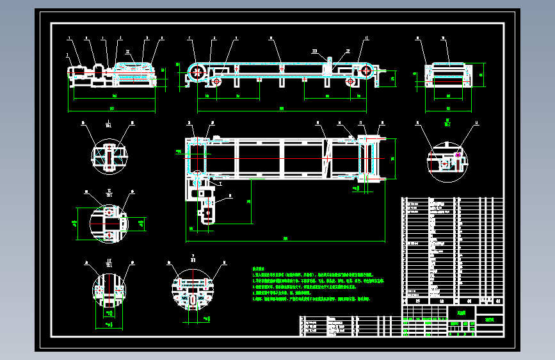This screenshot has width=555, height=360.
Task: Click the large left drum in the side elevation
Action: (197, 72)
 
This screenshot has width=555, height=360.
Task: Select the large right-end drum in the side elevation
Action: (367, 72)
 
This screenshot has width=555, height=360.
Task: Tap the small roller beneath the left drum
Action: (216, 81)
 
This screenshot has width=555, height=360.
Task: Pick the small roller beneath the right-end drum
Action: (351, 82)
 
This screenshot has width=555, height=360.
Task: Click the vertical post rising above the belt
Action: (330, 65)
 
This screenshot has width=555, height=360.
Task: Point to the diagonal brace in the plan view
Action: (328, 158)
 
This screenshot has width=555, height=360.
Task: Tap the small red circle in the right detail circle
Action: (444, 164)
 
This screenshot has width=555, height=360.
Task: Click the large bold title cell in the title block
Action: (461, 313)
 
